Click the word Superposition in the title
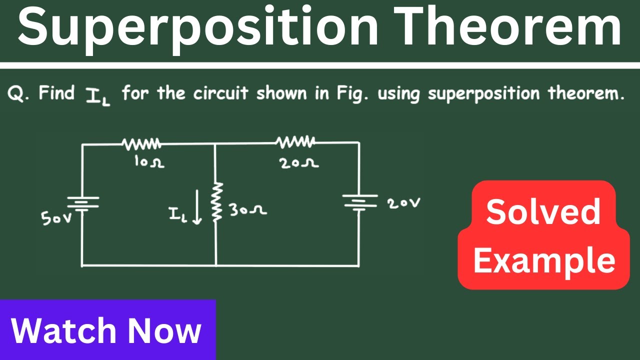198,27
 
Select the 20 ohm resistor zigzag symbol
295,142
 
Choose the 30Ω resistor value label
248,210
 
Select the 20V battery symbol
358,202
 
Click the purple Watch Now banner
107,330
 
